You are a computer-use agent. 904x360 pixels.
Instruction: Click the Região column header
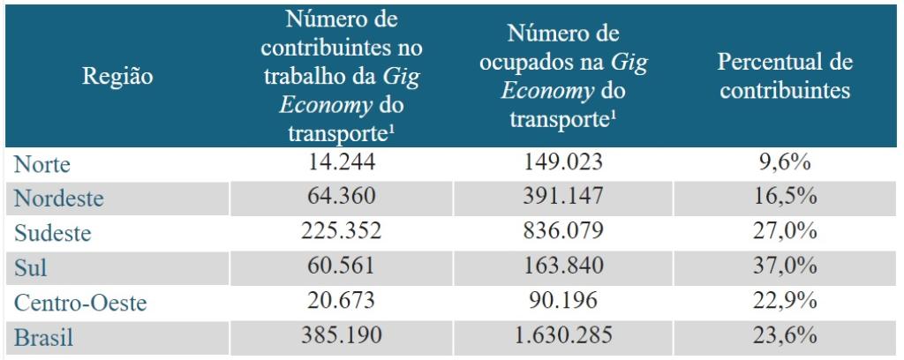point(117,76)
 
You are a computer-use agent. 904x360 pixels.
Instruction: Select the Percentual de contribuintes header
point(785,76)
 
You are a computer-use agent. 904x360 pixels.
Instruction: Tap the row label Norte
point(41,164)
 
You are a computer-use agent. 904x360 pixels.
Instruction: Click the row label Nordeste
point(58,199)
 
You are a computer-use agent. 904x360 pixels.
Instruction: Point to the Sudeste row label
point(52,233)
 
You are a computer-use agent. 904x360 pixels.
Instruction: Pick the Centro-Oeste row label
point(80,303)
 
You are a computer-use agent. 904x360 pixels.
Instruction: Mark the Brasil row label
point(43,337)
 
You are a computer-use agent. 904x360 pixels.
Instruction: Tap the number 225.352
point(342,232)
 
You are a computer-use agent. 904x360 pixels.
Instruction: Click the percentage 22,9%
point(785,301)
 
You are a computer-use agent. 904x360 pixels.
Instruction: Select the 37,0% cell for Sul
point(785,266)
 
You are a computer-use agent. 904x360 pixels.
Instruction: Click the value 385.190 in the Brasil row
point(342,336)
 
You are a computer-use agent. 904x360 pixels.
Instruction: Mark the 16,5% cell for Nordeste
point(785,198)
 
